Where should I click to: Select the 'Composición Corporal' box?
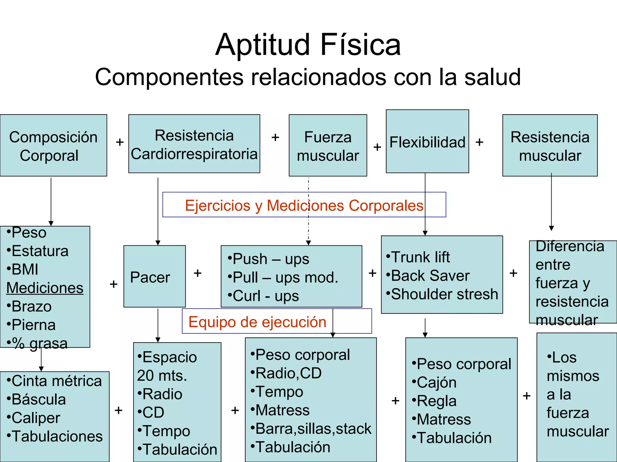pyautogui.click(x=53, y=146)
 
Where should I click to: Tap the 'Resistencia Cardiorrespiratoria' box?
pyautogui.click(x=194, y=144)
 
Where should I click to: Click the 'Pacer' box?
pyautogui.click(x=155, y=277)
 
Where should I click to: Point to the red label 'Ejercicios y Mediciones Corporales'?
pyautogui.click(x=304, y=205)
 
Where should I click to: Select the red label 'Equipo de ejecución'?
pyautogui.click(x=257, y=322)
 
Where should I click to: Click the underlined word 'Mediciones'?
pyautogui.click(x=45, y=288)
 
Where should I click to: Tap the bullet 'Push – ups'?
pyautogui.click(x=268, y=259)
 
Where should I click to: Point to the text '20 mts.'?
pyautogui.click(x=162, y=376)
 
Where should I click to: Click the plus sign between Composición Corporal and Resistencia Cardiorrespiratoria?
pyautogui.click(x=120, y=142)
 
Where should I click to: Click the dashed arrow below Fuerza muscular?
pyautogui.click(x=308, y=211)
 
